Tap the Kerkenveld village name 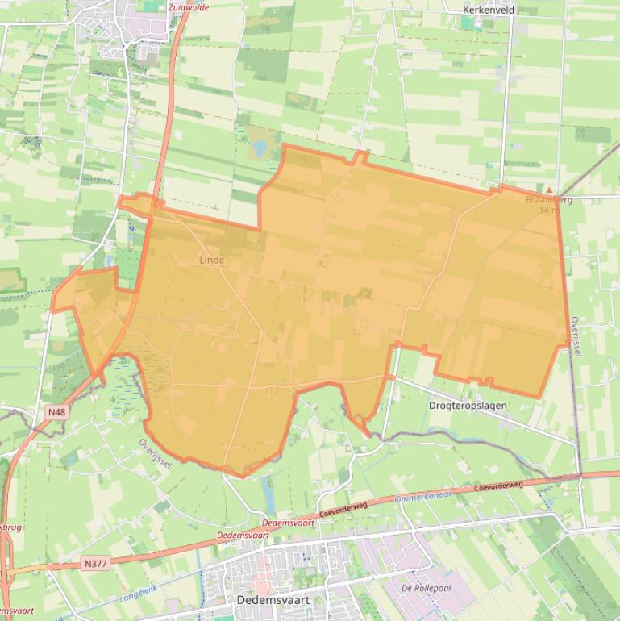coord(489,10)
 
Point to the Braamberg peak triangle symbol coord(550,190)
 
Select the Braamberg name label coord(548,199)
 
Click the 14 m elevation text coord(548,210)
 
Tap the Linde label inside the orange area coord(212,260)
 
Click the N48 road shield coord(56,412)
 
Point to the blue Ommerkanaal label coord(423,498)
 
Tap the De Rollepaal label coord(426,589)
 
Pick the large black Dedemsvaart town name coord(273,601)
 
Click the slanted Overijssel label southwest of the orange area coord(155,452)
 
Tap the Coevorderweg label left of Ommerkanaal coord(343,510)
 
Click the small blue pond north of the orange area coord(260,148)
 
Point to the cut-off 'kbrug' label coord(10,527)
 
